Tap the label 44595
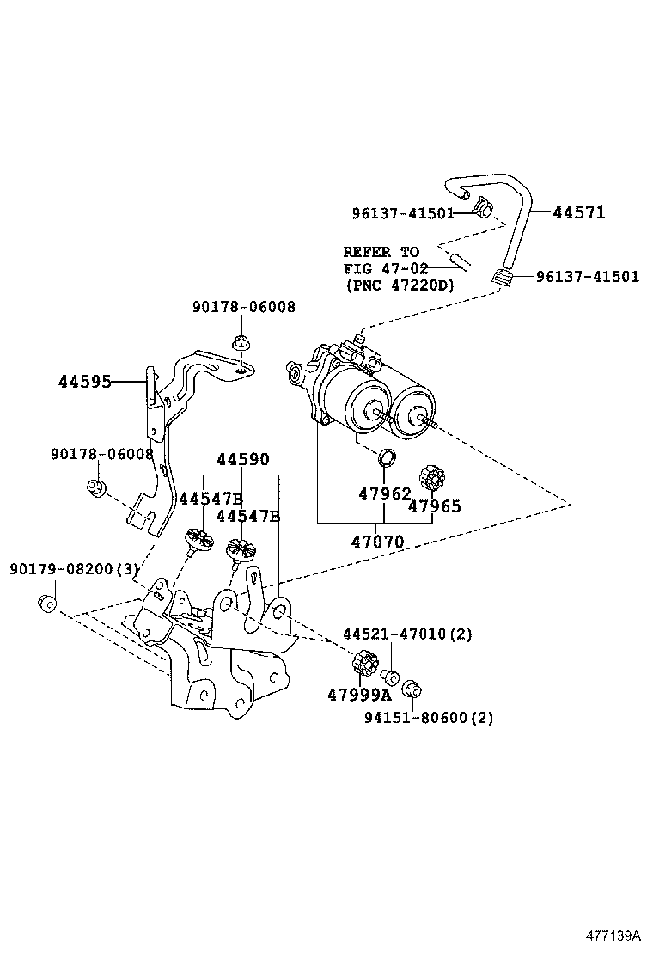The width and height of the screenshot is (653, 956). [x=85, y=382]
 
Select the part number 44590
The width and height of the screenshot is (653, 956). [x=242, y=460]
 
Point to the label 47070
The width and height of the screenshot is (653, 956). [x=376, y=542]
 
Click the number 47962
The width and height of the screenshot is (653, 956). [x=384, y=494]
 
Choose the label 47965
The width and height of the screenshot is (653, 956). [x=434, y=506]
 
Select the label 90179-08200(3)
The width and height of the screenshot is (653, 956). [x=74, y=569]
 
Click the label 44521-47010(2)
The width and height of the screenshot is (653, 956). [x=407, y=634]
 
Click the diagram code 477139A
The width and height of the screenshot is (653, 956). [x=614, y=934]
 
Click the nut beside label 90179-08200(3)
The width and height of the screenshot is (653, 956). [x=48, y=602]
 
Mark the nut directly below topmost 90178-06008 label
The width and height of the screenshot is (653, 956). [x=241, y=341]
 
